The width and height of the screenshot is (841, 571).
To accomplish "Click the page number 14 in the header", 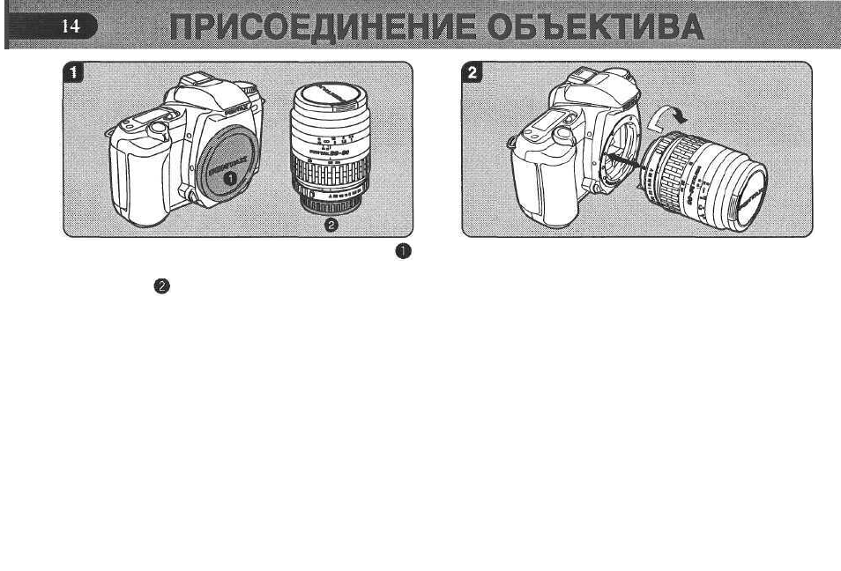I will point(70,27).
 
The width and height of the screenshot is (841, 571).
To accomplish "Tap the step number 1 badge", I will point(75,74).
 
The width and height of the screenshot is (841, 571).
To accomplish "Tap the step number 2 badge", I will point(474,74).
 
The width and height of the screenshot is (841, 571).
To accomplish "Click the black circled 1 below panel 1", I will point(402,252).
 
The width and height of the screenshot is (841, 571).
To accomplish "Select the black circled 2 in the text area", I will point(160,286).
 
